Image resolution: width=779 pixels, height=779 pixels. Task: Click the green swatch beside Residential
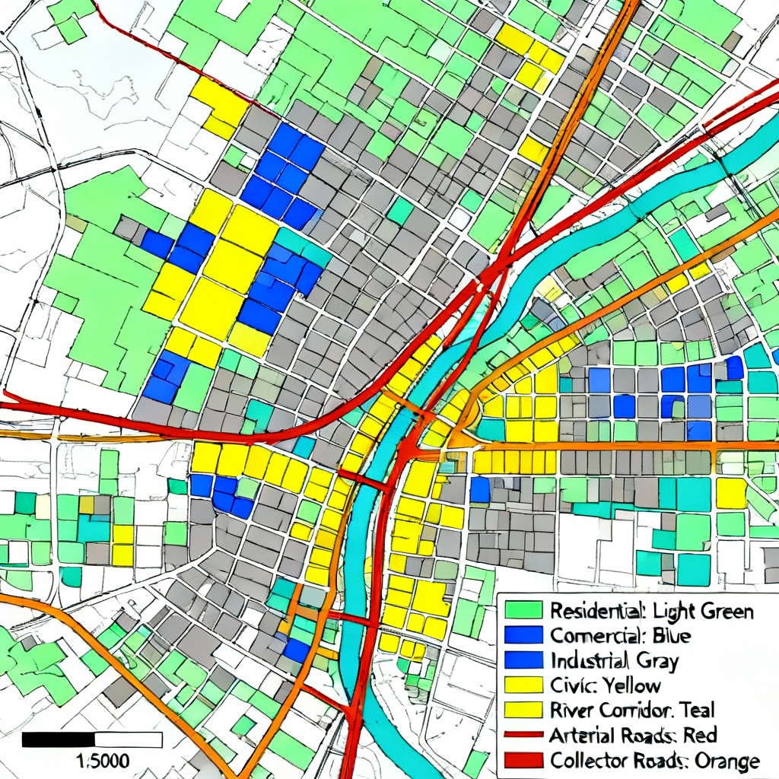[523, 610]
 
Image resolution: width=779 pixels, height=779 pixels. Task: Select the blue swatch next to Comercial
[523, 634]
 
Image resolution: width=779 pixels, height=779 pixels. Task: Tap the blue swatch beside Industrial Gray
[523, 660]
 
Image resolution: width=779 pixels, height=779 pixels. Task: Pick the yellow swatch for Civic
[523, 685]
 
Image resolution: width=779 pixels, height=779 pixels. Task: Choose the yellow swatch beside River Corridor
[523, 710]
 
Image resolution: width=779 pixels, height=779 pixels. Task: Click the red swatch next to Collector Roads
[523, 760]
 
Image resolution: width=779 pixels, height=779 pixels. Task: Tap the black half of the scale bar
[59, 739]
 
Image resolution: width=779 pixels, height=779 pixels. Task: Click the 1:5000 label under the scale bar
[104, 760]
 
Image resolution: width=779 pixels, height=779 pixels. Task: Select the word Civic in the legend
[569, 685]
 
